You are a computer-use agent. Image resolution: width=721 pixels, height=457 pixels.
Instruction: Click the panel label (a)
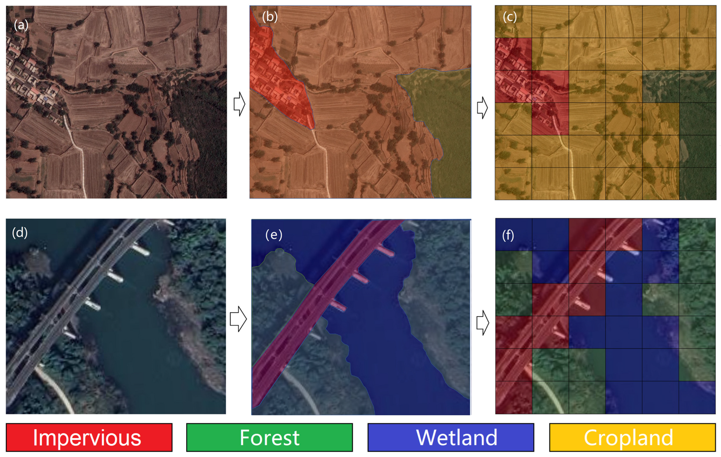[x=21, y=25]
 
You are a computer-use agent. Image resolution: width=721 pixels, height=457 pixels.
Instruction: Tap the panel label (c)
[x=510, y=17]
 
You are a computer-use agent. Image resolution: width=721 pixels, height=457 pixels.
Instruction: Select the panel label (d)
[x=20, y=233]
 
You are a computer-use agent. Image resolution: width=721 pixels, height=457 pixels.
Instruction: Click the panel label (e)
[x=274, y=235]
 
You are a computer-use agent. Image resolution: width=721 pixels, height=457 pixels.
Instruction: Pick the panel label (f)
[x=508, y=236]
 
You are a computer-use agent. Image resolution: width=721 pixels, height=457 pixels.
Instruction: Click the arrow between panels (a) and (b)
[x=239, y=104]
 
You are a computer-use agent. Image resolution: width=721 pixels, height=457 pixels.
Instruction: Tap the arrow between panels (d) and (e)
[x=238, y=319]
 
